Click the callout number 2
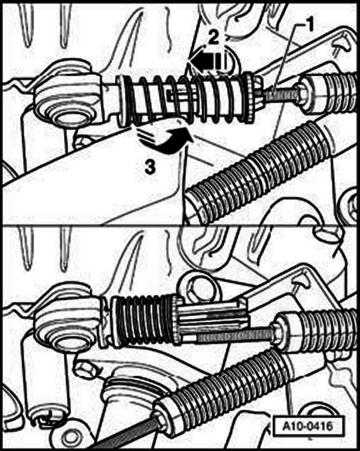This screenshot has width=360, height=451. pos(213,38)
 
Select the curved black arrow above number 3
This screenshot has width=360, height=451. pos(167,142)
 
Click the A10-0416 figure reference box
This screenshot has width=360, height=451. pos(308,425)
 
